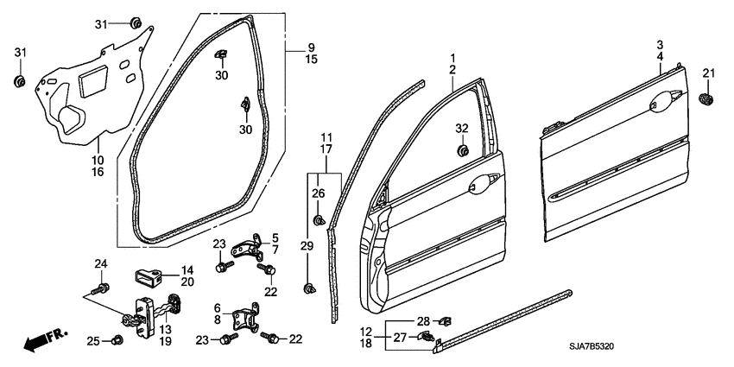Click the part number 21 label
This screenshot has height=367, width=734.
pos(709,72)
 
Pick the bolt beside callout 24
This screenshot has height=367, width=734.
pos(103,286)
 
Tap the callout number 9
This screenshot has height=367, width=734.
pos(311,47)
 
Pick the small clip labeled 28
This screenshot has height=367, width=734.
pos(446,321)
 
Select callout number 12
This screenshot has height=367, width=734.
pos(366,332)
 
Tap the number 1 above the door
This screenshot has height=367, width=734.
pos(451,57)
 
